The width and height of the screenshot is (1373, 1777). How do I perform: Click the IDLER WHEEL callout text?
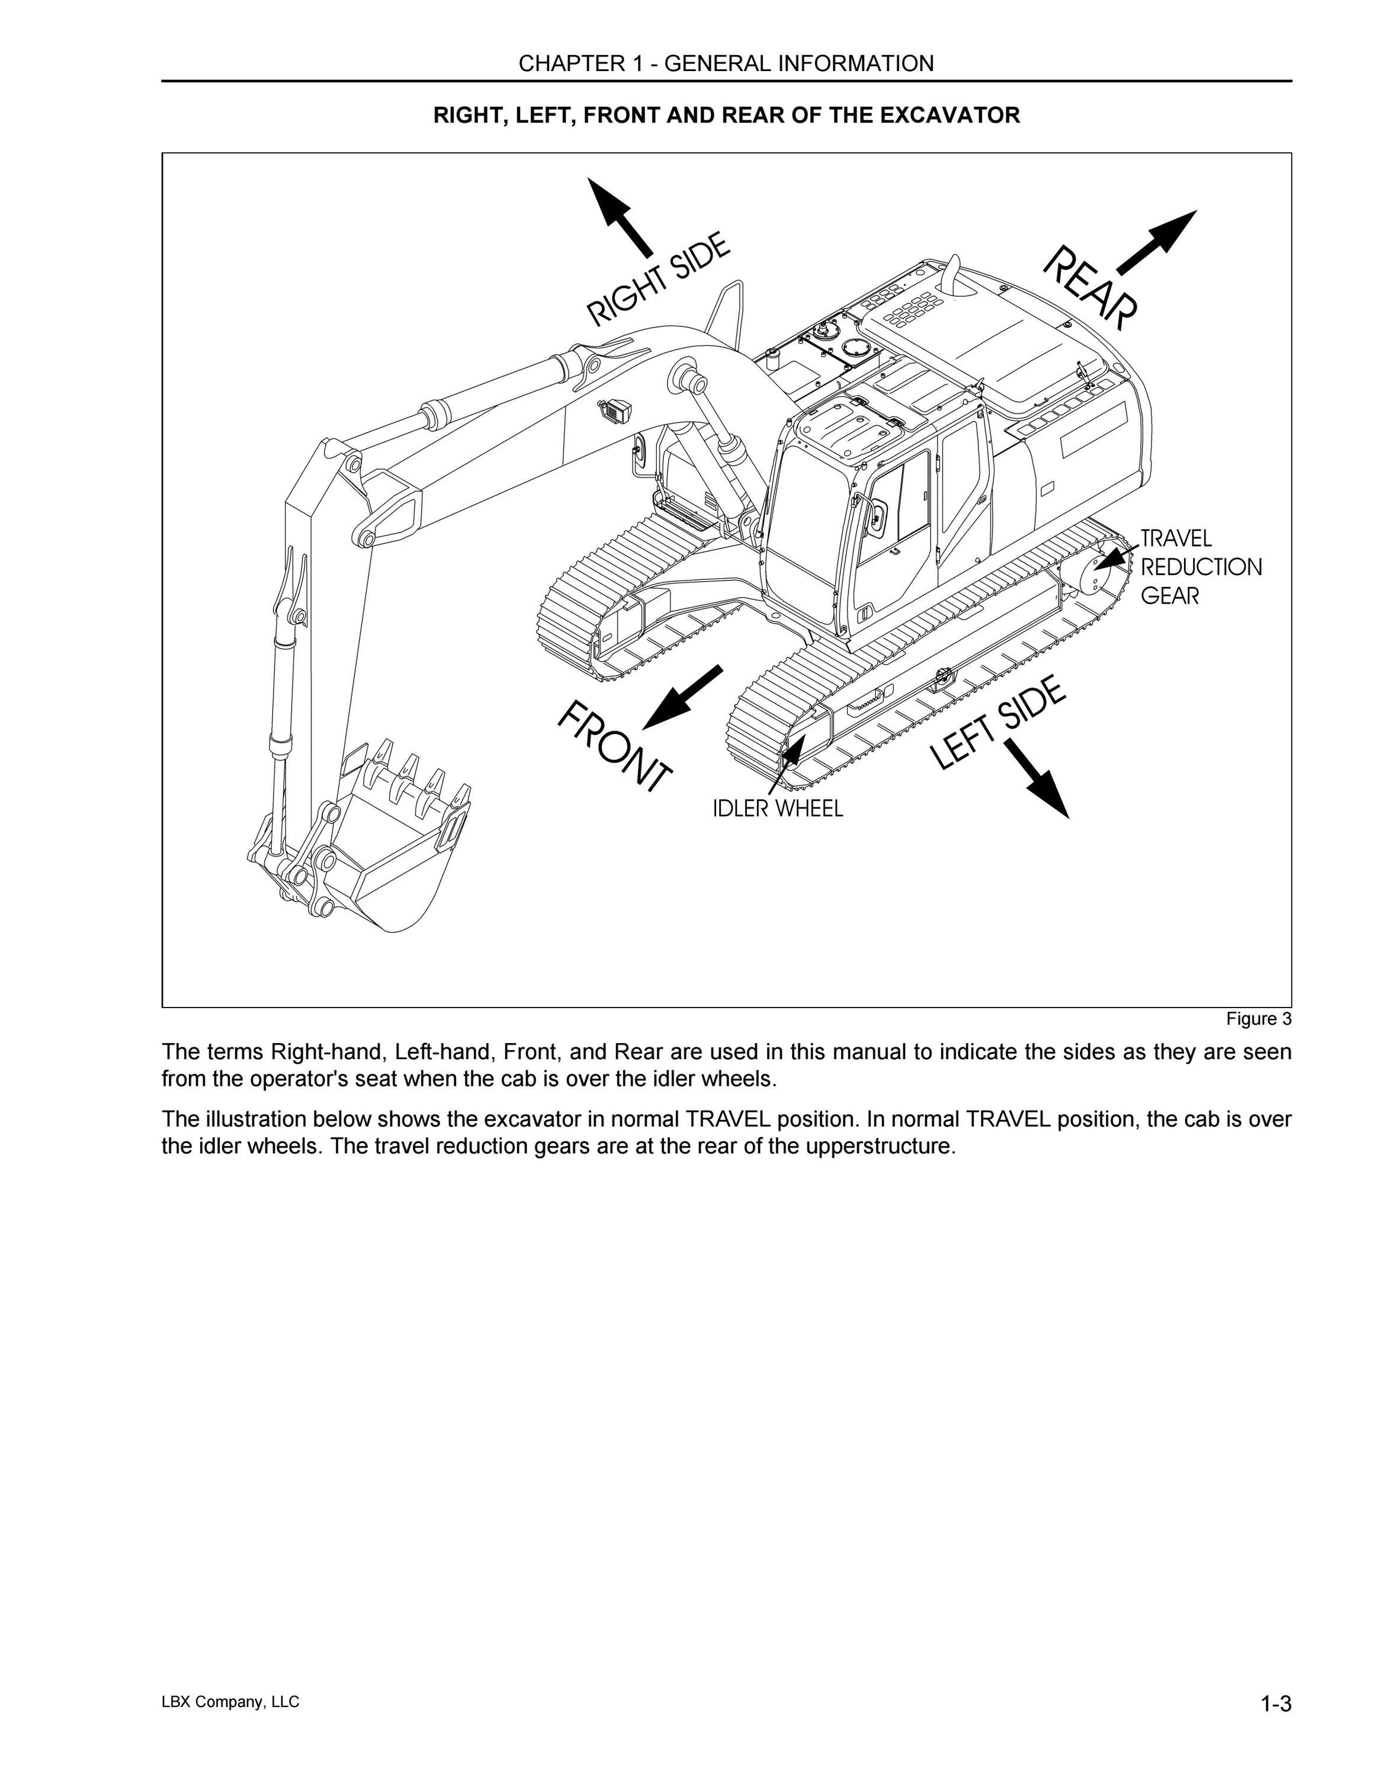tap(778, 808)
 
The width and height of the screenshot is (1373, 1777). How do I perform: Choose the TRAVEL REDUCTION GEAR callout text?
tap(1201, 567)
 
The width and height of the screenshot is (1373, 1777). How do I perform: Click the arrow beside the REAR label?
tap(1157, 242)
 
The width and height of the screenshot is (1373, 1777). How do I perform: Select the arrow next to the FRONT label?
tap(682, 697)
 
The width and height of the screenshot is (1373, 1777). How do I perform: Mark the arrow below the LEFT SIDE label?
tap(1035, 778)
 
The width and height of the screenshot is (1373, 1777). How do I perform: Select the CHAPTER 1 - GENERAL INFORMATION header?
tap(726, 63)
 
